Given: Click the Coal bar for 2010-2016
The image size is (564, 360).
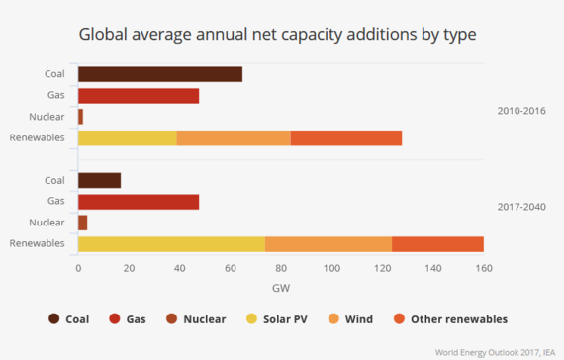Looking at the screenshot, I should pyautogui.click(x=159, y=74).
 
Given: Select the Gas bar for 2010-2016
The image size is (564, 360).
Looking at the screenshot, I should pyautogui.click(x=139, y=96).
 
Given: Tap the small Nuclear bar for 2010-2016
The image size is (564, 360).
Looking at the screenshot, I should pyautogui.click(x=80, y=117).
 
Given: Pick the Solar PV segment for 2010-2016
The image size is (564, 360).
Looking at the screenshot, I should pyautogui.click(x=128, y=137).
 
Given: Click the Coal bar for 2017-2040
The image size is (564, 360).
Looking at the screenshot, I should pyautogui.click(x=99, y=180).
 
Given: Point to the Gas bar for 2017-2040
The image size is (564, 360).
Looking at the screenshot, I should pyautogui.click(x=139, y=202).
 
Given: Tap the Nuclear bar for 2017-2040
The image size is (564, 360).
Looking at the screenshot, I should pyautogui.click(x=83, y=223).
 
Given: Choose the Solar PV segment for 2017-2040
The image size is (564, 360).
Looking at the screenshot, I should pyautogui.click(x=171, y=243).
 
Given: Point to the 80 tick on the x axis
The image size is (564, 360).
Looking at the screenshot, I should pyautogui.click(x=281, y=268).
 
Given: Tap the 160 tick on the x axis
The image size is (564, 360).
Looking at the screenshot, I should pyautogui.click(x=483, y=268).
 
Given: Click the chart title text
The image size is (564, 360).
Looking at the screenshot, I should pyautogui.click(x=281, y=35).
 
